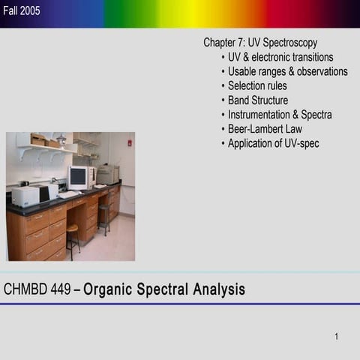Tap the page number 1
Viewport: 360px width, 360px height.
coord(337,336)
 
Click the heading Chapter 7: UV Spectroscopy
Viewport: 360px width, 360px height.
coord(259,43)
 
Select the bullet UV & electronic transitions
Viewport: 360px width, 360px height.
coord(280,57)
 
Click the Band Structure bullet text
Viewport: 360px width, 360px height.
coord(257,100)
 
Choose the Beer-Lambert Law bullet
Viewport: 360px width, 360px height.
coord(265,129)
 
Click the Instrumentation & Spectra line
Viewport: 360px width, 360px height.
coord(280,115)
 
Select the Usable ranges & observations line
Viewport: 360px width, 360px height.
coord(287,71)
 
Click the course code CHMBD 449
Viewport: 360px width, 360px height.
coord(37,289)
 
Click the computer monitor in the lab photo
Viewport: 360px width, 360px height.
coord(77,177)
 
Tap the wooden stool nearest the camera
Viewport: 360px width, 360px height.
coord(73,238)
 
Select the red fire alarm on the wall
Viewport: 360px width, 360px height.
coord(129,142)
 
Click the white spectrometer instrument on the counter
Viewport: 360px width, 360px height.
coord(26,196)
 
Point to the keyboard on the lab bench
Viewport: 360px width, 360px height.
coord(69,194)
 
